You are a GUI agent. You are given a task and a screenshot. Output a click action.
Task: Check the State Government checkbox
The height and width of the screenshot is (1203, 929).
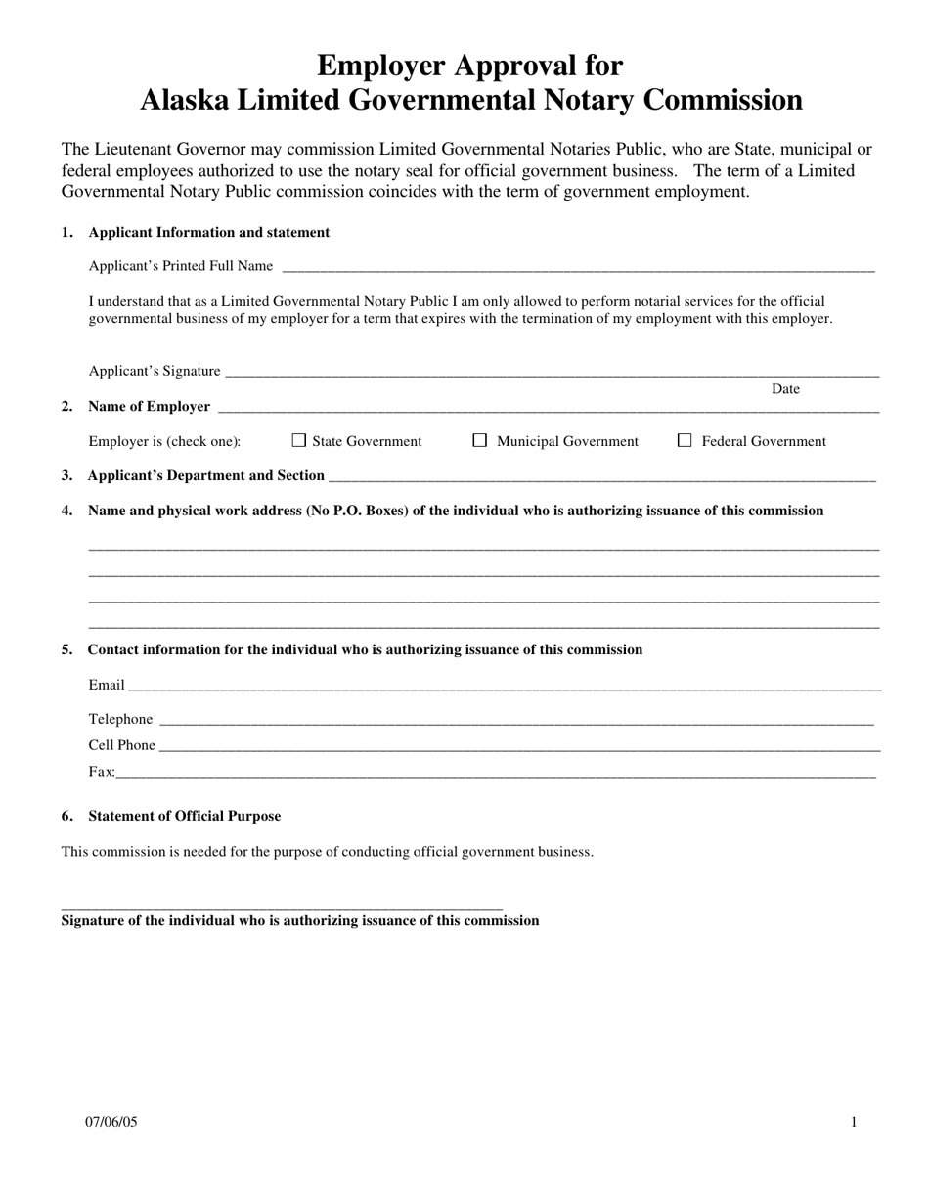299,441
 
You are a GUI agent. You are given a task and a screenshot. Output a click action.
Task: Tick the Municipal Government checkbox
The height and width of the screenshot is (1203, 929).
480,441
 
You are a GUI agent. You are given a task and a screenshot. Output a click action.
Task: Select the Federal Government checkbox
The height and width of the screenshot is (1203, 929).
685,441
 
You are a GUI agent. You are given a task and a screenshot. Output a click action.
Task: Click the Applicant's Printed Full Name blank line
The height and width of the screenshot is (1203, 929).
577,268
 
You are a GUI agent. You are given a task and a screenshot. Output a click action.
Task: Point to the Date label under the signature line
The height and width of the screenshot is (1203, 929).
785,389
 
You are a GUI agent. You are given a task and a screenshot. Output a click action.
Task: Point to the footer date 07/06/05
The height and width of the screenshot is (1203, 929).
111,1122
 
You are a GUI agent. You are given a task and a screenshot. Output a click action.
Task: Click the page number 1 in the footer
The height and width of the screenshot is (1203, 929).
854,1122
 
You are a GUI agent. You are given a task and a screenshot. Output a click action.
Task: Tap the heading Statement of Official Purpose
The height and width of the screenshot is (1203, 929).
184,816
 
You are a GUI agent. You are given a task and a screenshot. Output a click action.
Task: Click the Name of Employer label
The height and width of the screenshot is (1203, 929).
149,407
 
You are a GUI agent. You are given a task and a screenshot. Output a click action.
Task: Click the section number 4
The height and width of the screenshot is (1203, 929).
66,511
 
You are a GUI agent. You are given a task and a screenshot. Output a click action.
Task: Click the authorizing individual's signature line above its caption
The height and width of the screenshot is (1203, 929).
282,908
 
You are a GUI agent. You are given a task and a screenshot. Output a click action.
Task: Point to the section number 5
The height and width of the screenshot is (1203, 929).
66,649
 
